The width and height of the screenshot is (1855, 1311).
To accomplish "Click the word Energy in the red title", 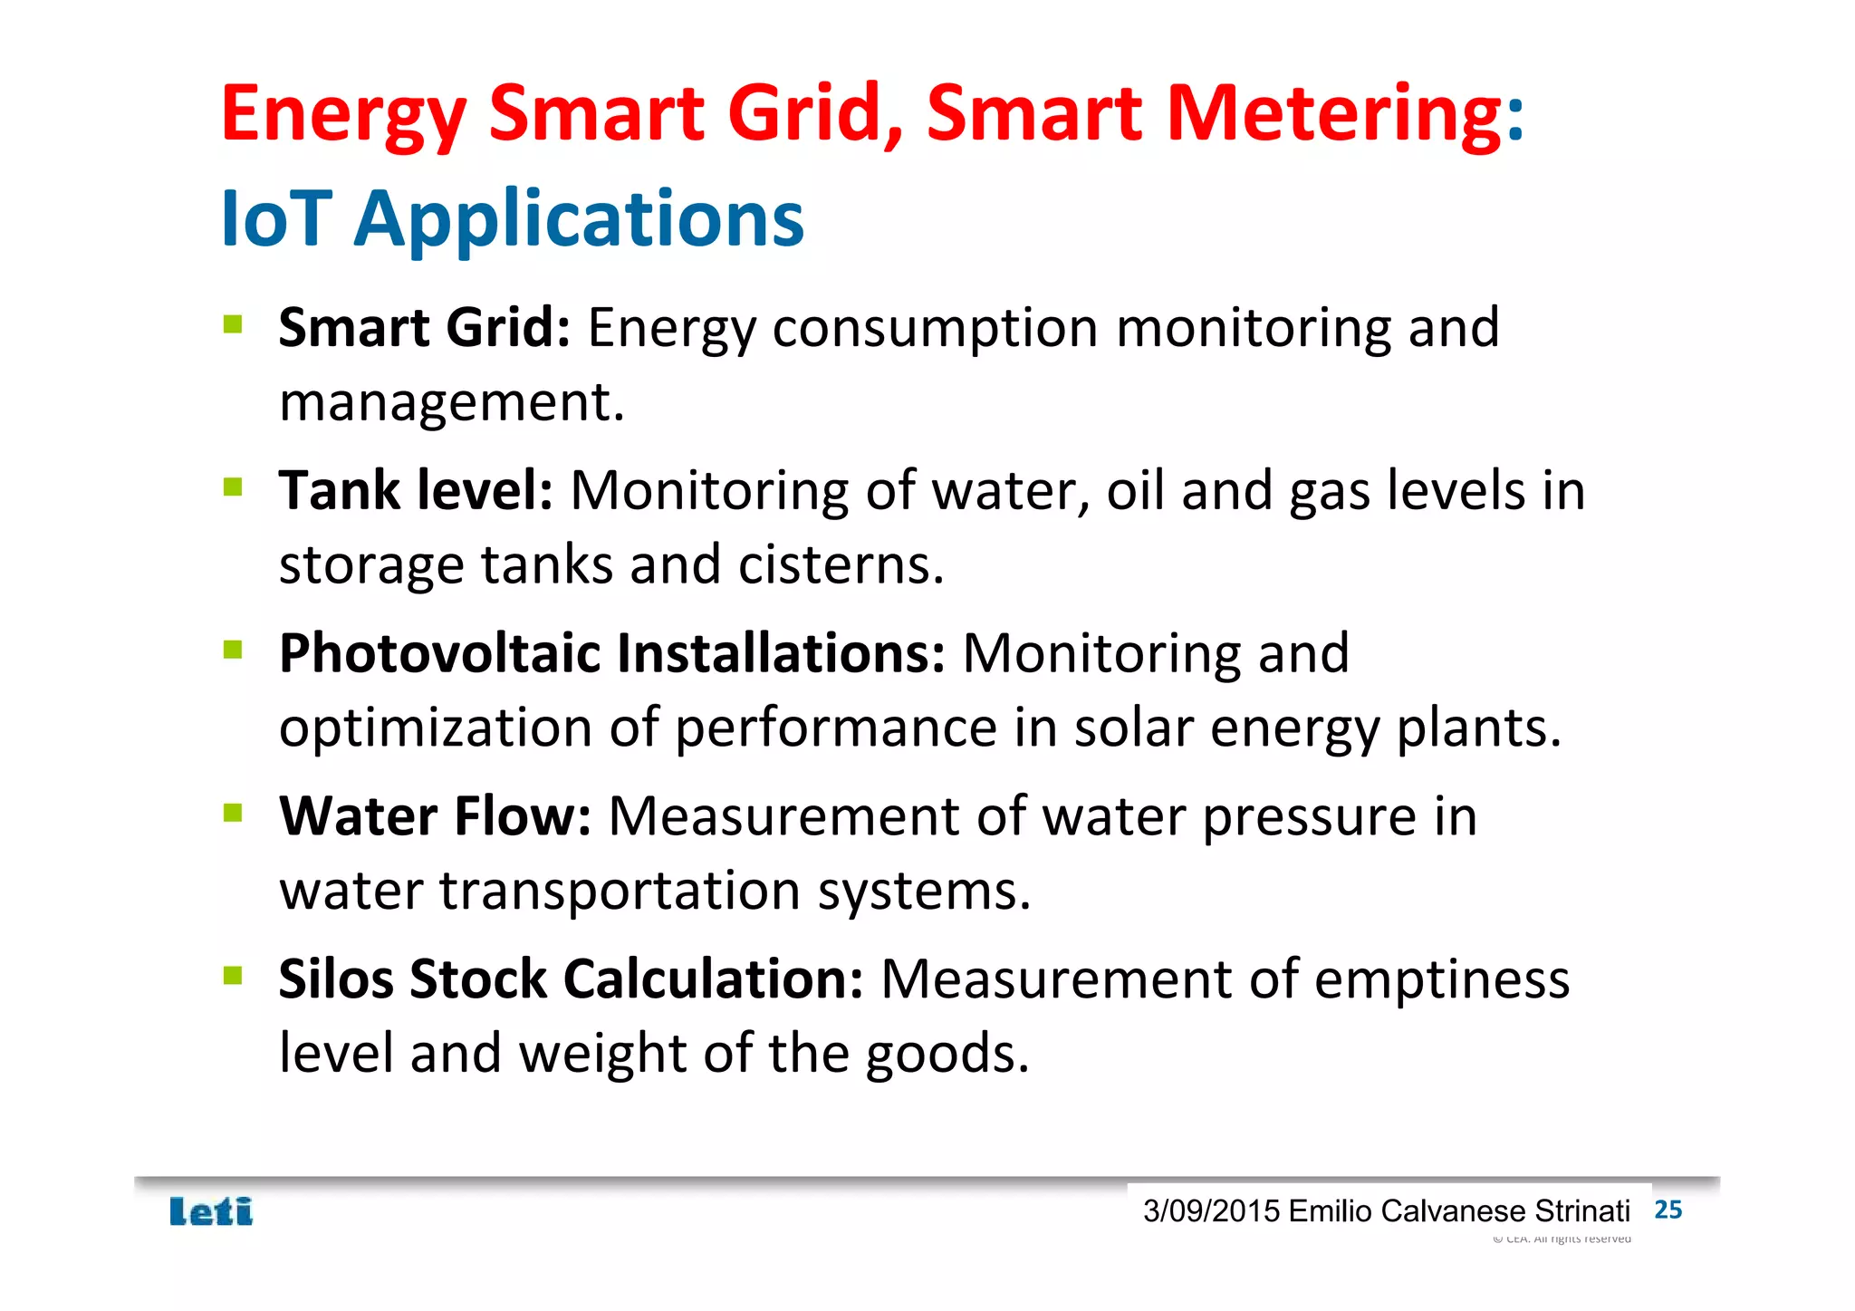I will (343, 115).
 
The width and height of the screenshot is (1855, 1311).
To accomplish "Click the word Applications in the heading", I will (579, 220).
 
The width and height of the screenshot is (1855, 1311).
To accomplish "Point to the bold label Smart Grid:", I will (424, 327).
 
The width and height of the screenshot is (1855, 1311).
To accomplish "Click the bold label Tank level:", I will (416, 491).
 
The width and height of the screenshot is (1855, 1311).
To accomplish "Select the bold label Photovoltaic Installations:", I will (612, 653).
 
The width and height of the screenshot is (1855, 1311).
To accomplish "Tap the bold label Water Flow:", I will (435, 816).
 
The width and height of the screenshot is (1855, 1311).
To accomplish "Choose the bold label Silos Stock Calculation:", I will (571, 979).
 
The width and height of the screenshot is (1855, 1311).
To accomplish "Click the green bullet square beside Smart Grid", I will (233, 323).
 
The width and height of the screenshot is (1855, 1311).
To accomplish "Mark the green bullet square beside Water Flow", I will (233, 812).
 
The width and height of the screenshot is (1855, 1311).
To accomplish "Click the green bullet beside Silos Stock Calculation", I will (233, 975).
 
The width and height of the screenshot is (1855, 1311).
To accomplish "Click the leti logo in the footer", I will (211, 1211).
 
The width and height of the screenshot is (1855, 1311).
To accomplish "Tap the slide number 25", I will (1668, 1210).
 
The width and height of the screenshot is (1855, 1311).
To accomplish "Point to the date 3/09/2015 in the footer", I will (1211, 1211).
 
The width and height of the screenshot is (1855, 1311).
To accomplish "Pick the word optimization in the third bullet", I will (436, 728).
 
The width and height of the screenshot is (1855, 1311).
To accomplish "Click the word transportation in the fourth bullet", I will (620, 891).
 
